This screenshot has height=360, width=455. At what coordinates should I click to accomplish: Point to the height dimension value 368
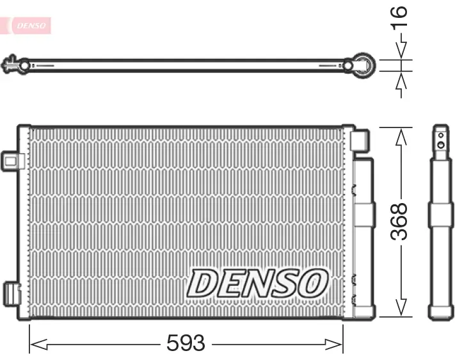click(x=399, y=221)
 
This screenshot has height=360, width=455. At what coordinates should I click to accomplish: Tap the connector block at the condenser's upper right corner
click(x=360, y=140)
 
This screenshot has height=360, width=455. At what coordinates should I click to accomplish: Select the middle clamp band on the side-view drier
click(x=441, y=215)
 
